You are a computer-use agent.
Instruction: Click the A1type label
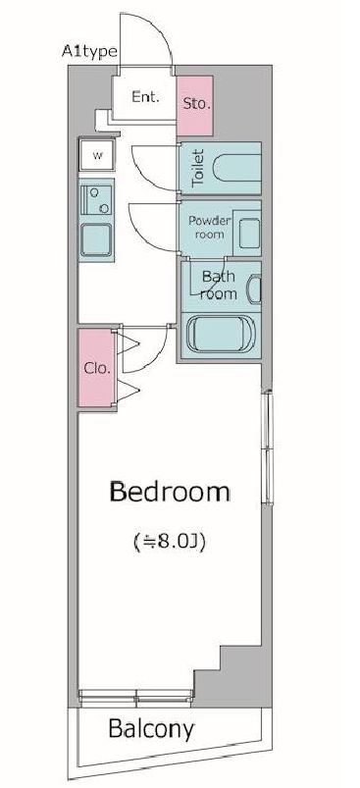click(90, 51)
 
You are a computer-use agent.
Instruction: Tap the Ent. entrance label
click(145, 96)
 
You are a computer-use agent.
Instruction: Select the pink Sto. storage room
click(195, 106)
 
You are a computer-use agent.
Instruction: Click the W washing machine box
click(97, 155)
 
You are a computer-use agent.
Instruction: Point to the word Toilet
click(199, 169)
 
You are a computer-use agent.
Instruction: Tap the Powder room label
click(209, 227)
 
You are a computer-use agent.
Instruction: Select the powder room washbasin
click(247, 234)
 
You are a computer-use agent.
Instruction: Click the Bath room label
click(219, 285)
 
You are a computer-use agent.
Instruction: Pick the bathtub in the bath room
click(222, 334)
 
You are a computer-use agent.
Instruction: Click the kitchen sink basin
click(96, 239)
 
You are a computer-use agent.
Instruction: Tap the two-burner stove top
click(96, 199)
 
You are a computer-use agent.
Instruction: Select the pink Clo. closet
click(97, 368)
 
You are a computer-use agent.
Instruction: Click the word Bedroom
click(170, 492)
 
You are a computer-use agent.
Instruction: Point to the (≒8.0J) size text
click(170, 542)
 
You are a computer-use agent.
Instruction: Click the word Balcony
click(151, 728)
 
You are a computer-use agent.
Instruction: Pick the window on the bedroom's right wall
click(269, 447)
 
